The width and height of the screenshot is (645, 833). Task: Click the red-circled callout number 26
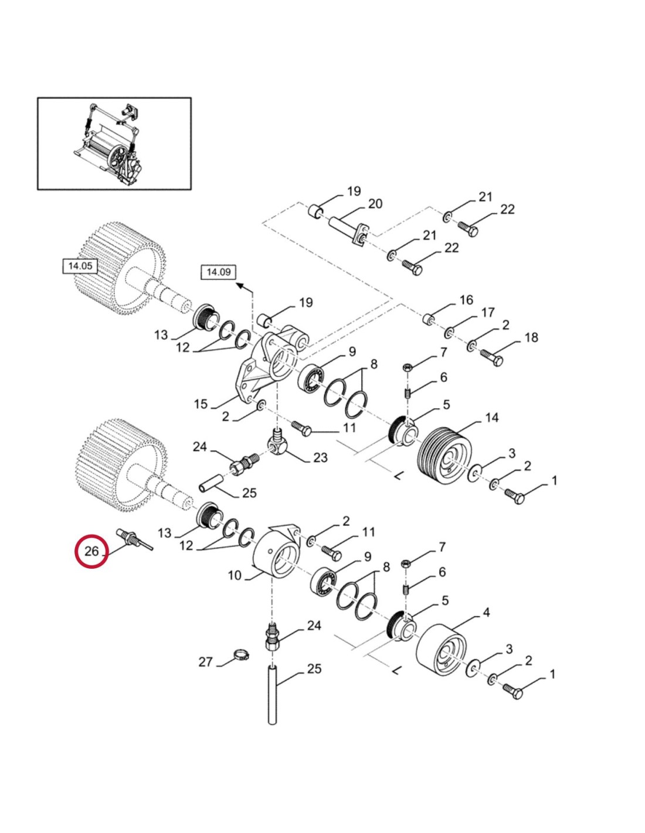91,551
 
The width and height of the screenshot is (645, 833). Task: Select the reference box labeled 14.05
80,266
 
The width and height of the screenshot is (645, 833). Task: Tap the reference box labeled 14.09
218,272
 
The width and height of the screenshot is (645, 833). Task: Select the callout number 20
375,204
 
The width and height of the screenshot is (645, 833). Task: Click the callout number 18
531,337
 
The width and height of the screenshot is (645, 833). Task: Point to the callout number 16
466,300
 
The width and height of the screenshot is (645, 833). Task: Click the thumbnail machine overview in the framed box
114,144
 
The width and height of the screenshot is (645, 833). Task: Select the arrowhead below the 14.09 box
240,285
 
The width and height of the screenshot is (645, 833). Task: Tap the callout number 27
205,662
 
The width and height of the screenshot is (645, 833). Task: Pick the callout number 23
320,457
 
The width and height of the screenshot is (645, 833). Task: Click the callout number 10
235,575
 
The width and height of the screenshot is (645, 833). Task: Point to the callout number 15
201,404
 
